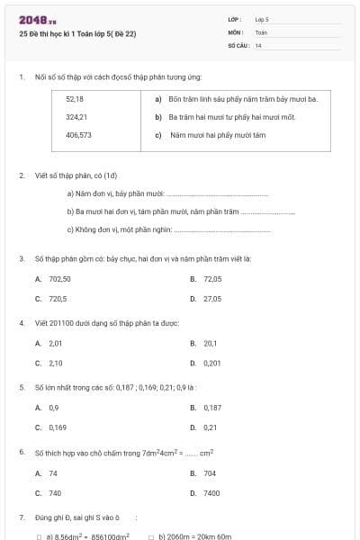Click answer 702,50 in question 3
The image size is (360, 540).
click(x=59, y=279)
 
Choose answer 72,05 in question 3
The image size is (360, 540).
click(x=212, y=279)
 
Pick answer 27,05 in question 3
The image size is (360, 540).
click(x=212, y=298)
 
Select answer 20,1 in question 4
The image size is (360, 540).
click(x=211, y=343)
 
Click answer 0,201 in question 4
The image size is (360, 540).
click(x=212, y=363)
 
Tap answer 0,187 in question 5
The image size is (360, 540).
click(x=212, y=408)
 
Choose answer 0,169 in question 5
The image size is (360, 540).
click(x=58, y=427)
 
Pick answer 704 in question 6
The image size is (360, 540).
click(x=210, y=472)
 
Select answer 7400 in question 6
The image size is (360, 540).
click(x=211, y=493)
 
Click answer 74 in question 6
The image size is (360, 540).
click(x=53, y=472)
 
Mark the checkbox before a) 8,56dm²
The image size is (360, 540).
click(x=40, y=536)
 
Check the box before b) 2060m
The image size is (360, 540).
click(x=151, y=536)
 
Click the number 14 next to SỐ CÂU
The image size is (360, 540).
click(x=258, y=44)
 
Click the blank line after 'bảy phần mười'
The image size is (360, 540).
click(x=218, y=194)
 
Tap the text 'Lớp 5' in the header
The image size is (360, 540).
click(x=262, y=18)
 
